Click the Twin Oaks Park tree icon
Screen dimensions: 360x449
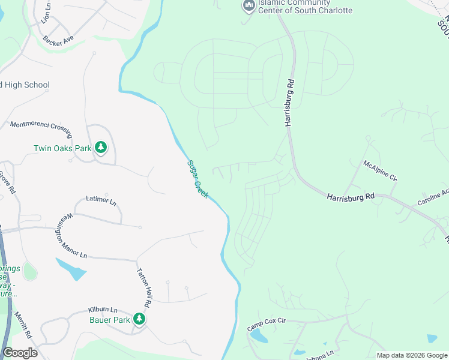click(x=101, y=148)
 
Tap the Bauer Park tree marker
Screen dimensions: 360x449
click(x=140, y=319)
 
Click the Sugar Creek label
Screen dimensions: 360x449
click(x=197, y=179)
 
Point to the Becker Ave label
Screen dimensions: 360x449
click(x=58, y=38)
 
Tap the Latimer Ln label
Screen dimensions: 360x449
click(x=101, y=200)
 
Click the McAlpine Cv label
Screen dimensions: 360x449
click(x=380, y=170)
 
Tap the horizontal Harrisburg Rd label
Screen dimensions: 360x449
click(x=351, y=196)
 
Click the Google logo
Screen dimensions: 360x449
click(x=20, y=353)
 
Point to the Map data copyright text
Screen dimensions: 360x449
click(x=411, y=355)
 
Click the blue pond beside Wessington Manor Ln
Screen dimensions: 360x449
click(x=71, y=269)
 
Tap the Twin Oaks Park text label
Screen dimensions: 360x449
click(x=62, y=148)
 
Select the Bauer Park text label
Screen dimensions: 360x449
click(x=110, y=320)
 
